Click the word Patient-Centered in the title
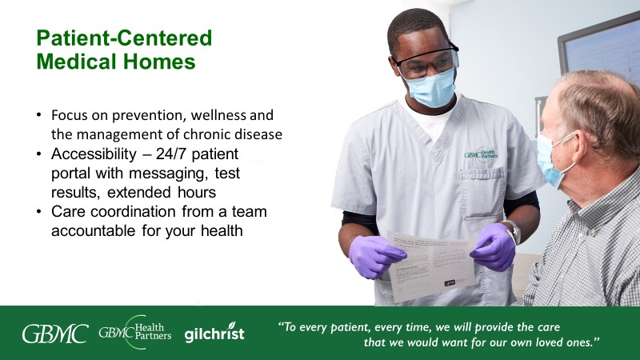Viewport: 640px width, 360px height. pyautogui.click(x=124, y=38)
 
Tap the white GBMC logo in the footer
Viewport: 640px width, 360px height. pyautogui.click(x=54, y=334)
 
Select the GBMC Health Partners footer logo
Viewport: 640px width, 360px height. pyautogui.click(x=134, y=333)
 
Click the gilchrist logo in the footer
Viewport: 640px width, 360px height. pyautogui.click(x=214, y=334)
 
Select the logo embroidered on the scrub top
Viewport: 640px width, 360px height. pyautogui.click(x=481, y=152)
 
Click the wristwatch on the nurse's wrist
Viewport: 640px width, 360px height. pyautogui.click(x=513, y=231)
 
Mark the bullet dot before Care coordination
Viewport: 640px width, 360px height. pyautogui.click(x=38, y=212)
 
